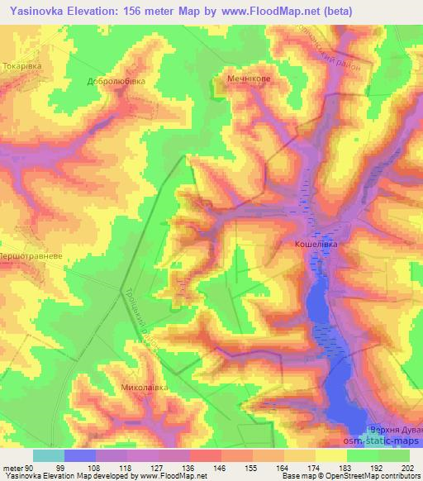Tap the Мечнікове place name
point(250,80)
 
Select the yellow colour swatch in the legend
point(332,455)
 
